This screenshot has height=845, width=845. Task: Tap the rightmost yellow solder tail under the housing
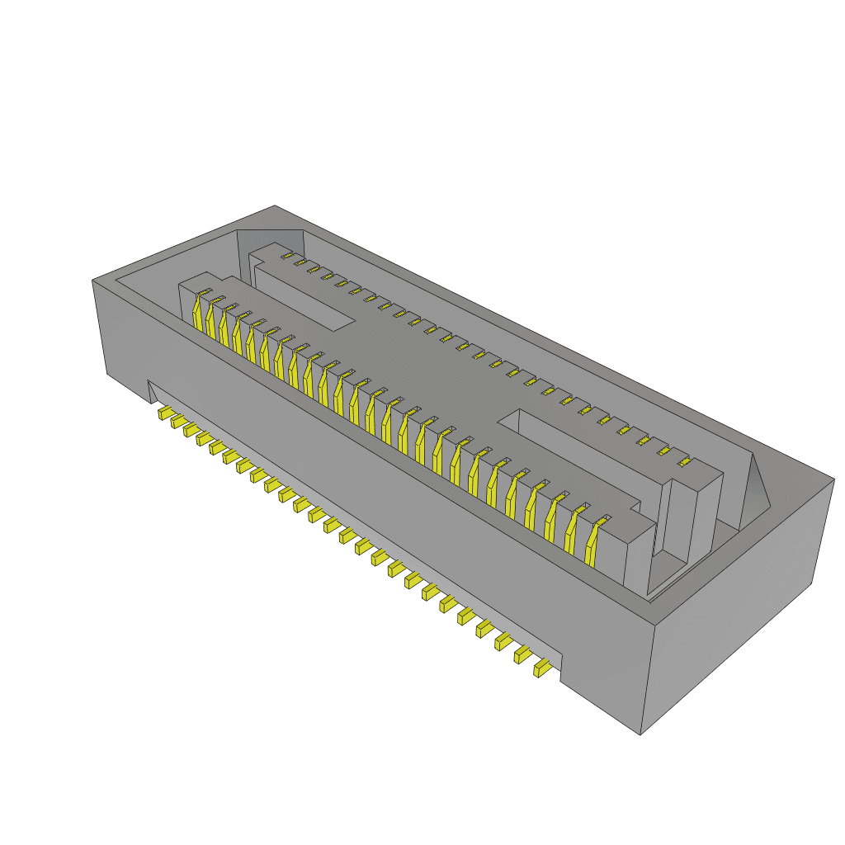pyautogui.click(x=542, y=668)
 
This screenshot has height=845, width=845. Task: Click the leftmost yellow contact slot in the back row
pyautogui.click(x=287, y=257)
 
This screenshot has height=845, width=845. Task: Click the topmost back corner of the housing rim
pyautogui.click(x=275, y=206)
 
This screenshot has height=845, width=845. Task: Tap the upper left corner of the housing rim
pyautogui.click(x=92, y=281)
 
